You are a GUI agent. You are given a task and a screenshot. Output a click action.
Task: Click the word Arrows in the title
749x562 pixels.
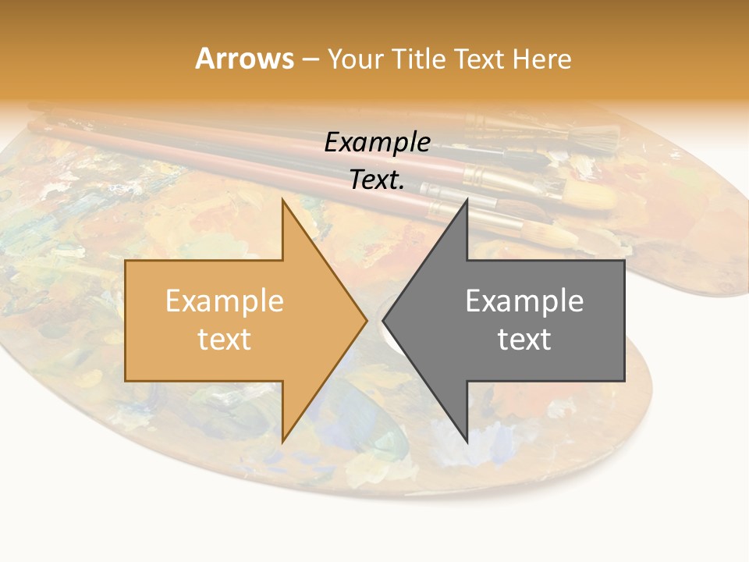pyautogui.click(x=244, y=59)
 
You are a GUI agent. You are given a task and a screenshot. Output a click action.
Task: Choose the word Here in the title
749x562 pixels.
pyautogui.click(x=542, y=59)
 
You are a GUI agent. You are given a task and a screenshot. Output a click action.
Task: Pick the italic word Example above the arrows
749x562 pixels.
pyautogui.click(x=378, y=143)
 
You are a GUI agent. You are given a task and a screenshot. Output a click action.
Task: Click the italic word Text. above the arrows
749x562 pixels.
pyautogui.click(x=378, y=180)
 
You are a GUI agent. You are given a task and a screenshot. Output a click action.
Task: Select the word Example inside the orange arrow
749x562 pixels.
pyautogui.click(x=225, y=301)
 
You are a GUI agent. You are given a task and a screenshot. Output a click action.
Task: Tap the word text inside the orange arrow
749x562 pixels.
pyautogui.click(x=225, y=340)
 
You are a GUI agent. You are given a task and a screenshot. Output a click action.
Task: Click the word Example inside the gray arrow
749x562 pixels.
pyautogui.click(x=524, y=301)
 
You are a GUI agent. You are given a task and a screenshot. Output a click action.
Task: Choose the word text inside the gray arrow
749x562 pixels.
pyautogui.click(x=524, y=340)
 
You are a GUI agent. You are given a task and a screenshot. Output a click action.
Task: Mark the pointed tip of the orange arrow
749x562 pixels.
pyautogui.click(x=366, y=320)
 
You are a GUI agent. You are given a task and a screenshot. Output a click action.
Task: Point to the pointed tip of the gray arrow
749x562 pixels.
pyautogui.click(x=384, y=320)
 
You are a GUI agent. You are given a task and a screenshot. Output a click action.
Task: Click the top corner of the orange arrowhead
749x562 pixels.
pyautogui.click(x=283, y=201)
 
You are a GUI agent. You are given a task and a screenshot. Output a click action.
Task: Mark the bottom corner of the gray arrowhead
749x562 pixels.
pyautogui.click(x=467, y=442)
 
